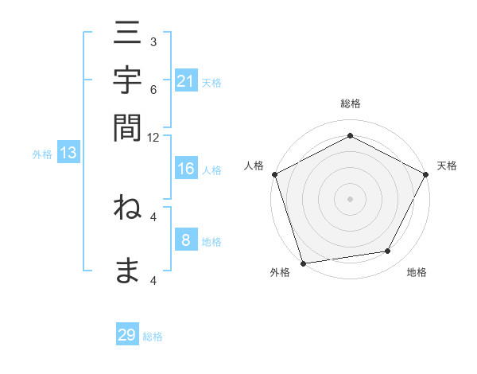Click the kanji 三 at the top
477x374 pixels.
127,36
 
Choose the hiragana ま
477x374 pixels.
127,271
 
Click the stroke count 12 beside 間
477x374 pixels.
153,137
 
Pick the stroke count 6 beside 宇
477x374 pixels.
153,90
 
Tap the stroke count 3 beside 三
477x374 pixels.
153,41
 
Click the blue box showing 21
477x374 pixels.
186,80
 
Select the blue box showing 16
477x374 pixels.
186,169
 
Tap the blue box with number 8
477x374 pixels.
186,240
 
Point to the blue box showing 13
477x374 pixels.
68,154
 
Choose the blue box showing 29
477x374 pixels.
127,335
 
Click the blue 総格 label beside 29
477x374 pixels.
153,337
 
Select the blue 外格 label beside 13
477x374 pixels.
42,154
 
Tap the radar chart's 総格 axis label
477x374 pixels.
350,103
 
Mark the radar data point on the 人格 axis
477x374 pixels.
275,173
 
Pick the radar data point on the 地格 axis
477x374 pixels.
388,251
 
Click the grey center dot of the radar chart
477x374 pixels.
350,198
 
